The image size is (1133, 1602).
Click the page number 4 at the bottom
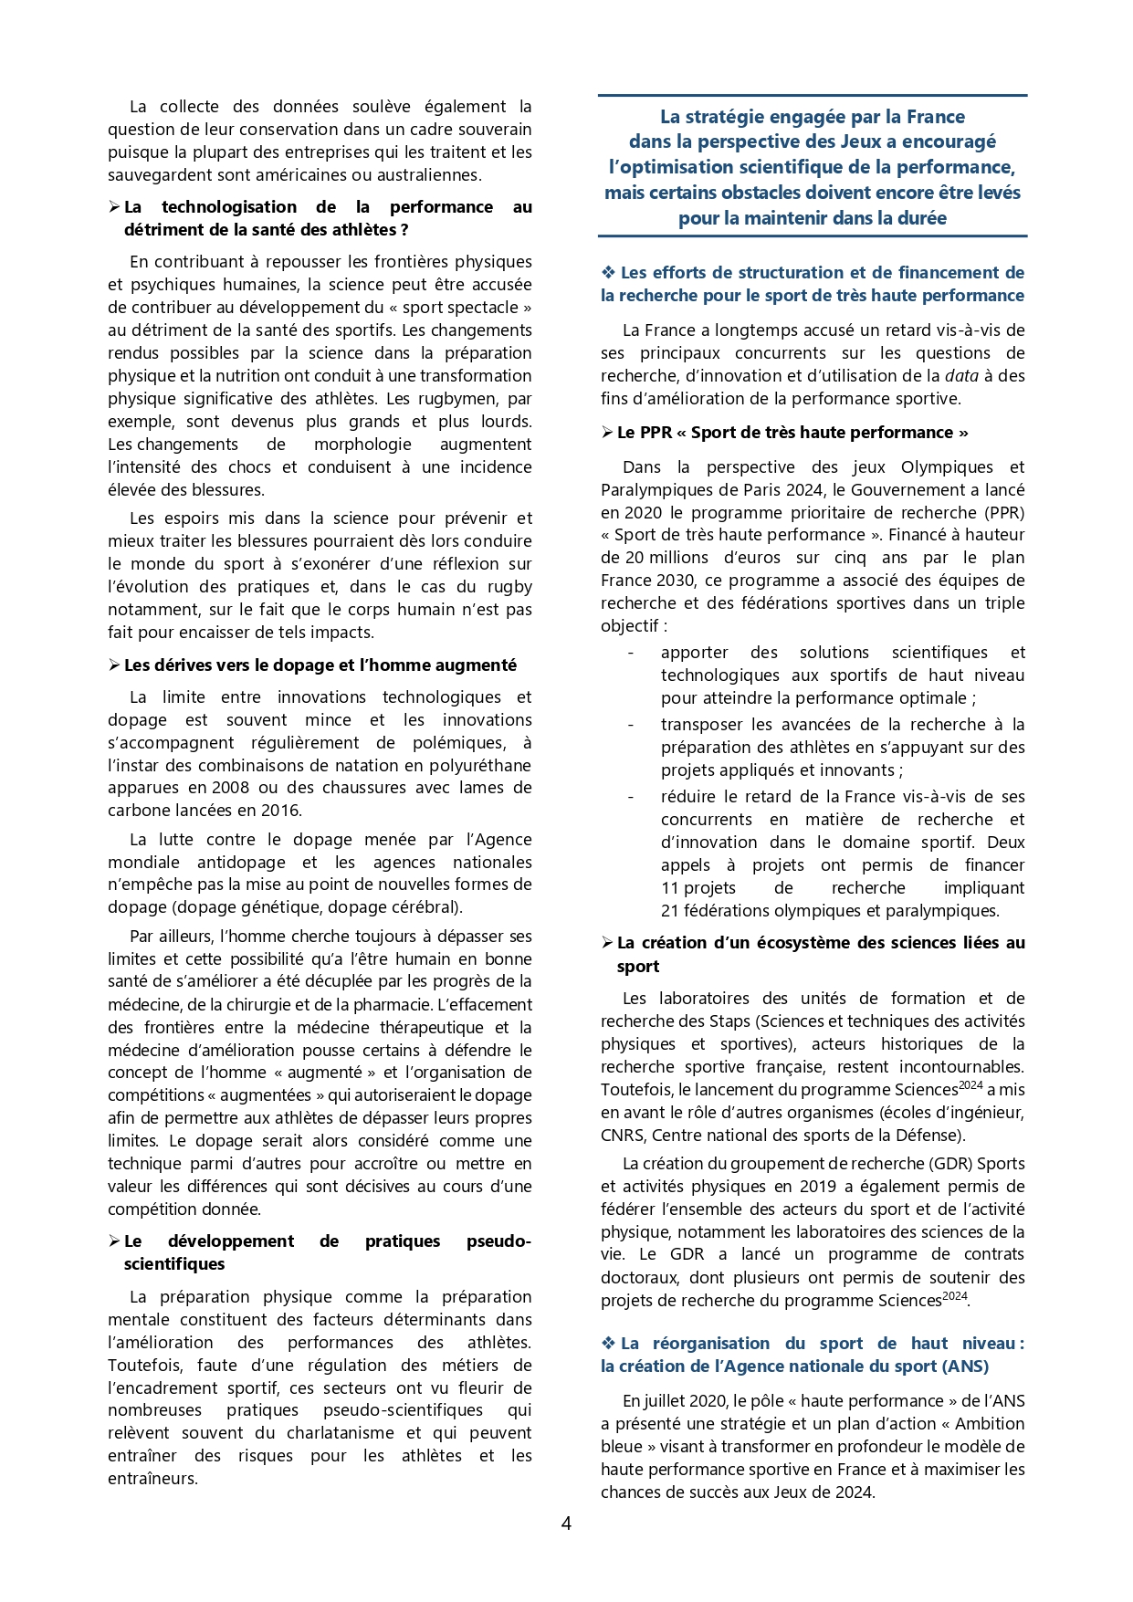[x=566, y=1523]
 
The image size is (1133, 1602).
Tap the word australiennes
[x=426, y=175]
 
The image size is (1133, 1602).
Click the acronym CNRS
[x=622, y=1136]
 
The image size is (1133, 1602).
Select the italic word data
[x=961, y=376]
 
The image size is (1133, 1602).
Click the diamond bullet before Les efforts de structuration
[x=608, y=273]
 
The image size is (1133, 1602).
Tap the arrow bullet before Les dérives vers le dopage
[x=114, y=665]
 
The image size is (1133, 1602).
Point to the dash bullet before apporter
[x=631, y=653]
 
